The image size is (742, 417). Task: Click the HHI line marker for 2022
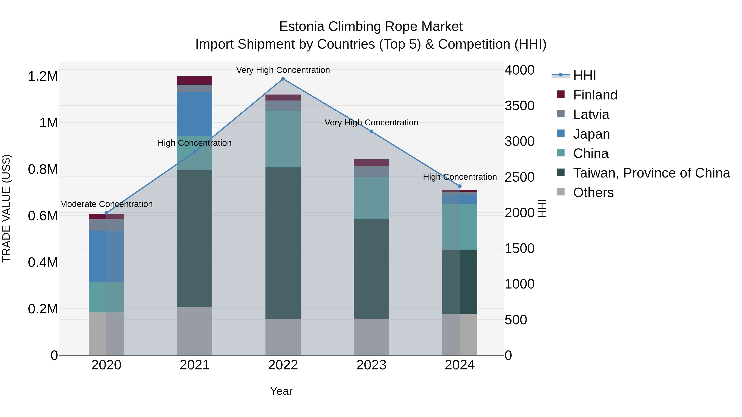pos(283,79)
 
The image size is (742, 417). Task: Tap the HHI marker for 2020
pos(106,213)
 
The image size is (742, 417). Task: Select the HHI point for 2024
pos(460,186)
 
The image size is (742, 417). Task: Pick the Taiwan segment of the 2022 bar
pos(283,243)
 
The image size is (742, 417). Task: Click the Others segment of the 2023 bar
pos(371,337)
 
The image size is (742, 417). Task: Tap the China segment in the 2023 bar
pos(371,198)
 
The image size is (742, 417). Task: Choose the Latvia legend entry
pos(591,114)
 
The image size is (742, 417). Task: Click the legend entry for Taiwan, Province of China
pos(652,173)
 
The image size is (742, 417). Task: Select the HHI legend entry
pos(585,75)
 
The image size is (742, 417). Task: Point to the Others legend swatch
pos(561,192)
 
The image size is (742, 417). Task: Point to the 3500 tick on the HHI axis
pos(519,106)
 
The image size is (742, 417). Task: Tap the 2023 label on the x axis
pos(371,365)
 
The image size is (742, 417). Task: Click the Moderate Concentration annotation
pos(106,204)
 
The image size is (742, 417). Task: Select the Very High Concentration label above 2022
pos(283,70)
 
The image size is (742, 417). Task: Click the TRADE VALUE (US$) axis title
pos(6,208)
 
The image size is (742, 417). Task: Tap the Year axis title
pos(281,391)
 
